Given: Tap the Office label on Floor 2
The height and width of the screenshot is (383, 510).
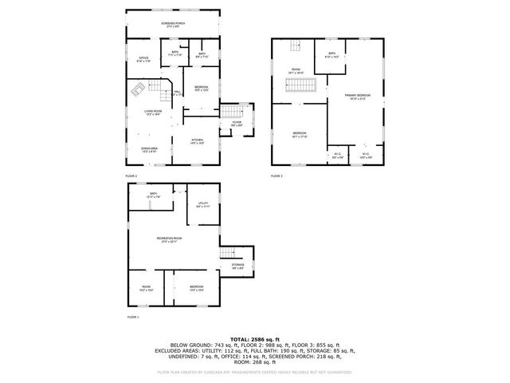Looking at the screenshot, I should coord(144,58).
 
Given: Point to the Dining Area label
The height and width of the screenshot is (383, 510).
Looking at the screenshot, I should coord(150,148).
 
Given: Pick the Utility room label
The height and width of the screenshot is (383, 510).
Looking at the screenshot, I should coord(203,203).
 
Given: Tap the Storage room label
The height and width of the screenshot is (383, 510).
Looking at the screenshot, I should coord(238,265).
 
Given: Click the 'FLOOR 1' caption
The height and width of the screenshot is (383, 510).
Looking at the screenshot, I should coord(132,318).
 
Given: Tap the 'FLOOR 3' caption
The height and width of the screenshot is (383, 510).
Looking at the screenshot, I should coord(277,176).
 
